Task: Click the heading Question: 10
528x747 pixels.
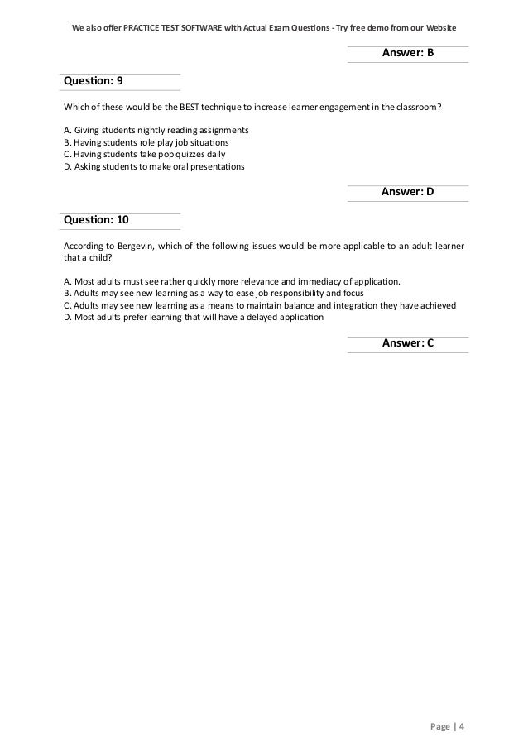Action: tap(95, 221)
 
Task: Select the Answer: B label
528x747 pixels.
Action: tap(407, 54)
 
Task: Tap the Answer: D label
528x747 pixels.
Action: tap(407, 192)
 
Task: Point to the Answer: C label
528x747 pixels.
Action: tap(407, 343)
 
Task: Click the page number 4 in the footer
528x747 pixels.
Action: tap(462, 727)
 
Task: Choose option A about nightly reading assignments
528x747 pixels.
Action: tap(156, 132)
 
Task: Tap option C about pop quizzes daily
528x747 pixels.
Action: tap(143, 155)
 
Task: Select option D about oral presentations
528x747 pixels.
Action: tap(154, 166)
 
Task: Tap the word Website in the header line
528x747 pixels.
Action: tap(437, 17)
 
